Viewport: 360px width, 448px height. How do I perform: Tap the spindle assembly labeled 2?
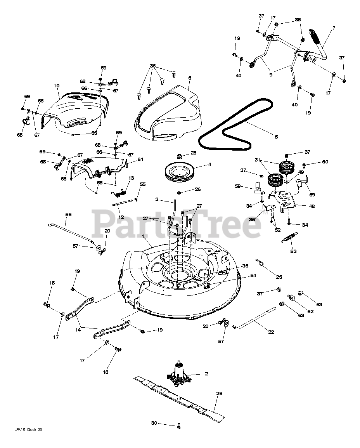click(x=179, y=374)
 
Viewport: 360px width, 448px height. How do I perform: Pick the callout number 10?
click(x=56, y=85)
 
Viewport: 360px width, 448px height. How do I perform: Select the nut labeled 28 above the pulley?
click(x=180, y=156)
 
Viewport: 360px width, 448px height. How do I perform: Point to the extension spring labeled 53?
click(x=289, y=238)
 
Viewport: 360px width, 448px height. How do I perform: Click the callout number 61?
click(x=140, y=160)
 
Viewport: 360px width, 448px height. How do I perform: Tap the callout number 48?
click(x=312, y=206)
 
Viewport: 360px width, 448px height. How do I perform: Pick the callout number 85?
click(x=298, y=20)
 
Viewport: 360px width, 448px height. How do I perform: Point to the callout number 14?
click(x=78, y=330)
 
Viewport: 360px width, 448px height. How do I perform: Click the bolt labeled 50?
click(x=305, y=165)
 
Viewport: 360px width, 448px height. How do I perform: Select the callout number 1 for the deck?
click(x=143, y=237)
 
